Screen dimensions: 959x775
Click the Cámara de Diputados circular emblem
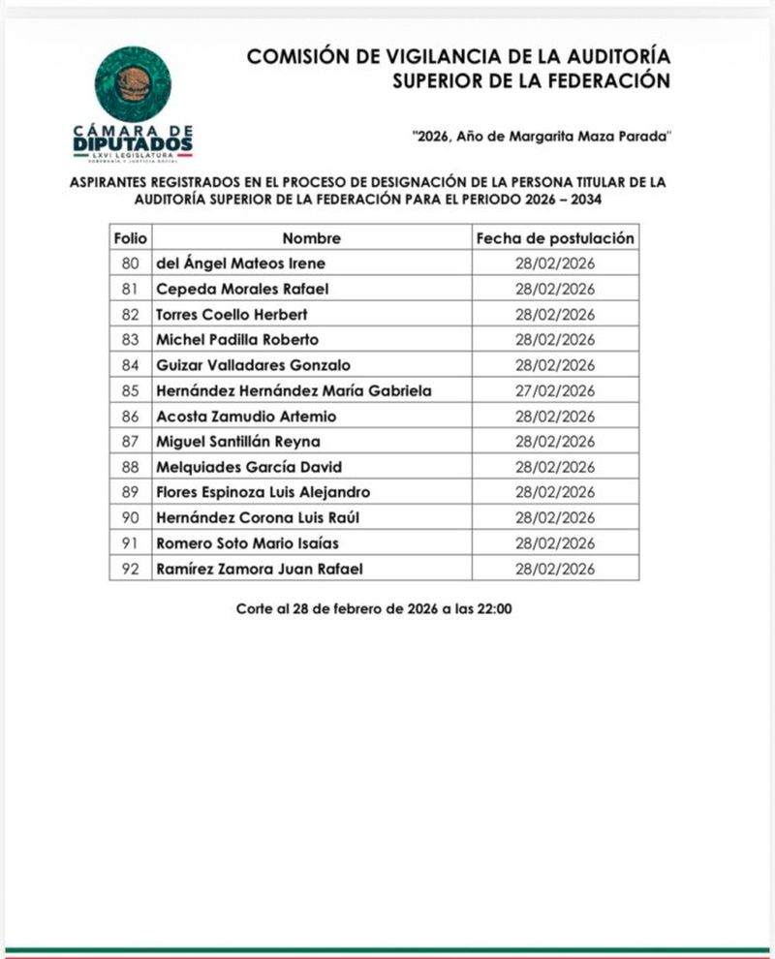click(x=133, y=83)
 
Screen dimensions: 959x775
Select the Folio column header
click(x=129, y=238)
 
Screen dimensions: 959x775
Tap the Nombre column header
click(x=312, y=238)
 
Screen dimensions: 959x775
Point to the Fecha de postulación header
click(x=555, y=238)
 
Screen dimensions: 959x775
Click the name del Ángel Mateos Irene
click(x=240, y=263)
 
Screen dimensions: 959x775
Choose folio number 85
click(x=129, y=391)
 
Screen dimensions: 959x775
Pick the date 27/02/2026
click(x=555, y=391)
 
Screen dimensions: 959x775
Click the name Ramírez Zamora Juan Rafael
click(x=260, y=569)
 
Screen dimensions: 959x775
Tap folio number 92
click(x=129, y=569)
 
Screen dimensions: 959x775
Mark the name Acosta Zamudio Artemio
click(x=246, y=417)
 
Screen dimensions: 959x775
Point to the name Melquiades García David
click(x=249, y=467)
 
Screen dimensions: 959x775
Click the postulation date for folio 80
click(x=555, y=263)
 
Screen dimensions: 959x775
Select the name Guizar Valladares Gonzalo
click(x=253, y=365)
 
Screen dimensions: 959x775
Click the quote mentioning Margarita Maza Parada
click(x=541, y=138)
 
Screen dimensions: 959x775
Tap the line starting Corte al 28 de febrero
click(x=374, y=609)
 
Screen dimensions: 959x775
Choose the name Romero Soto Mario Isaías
click(x=248, y=543)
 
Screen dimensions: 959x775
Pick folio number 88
click(x=129, y=467)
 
